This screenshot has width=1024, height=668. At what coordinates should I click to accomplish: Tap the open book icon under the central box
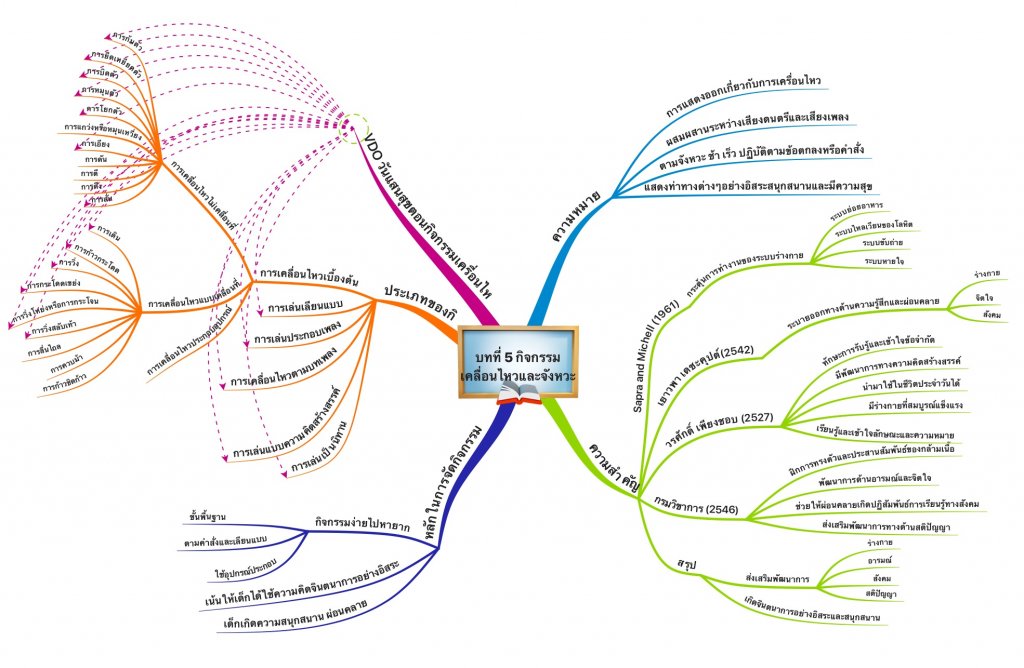click(517, 399)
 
